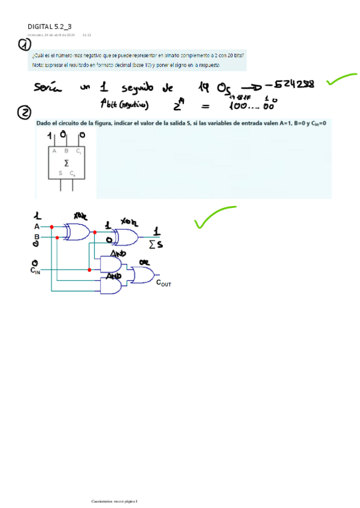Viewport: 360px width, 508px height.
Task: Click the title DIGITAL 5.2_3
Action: [50, 26]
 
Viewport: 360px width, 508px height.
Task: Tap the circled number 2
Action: [25, 113]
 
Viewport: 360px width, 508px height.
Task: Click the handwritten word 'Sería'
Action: [48, 88]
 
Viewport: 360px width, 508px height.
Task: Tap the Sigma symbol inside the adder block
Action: [66, 162]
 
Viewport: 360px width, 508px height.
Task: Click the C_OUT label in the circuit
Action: [163, 284]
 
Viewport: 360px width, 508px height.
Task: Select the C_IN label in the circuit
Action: [35, 271]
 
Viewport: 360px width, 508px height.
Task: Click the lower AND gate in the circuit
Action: [111, 287]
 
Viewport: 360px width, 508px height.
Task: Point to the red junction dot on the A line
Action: [52, 227]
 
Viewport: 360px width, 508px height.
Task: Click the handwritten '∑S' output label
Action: [156, 244]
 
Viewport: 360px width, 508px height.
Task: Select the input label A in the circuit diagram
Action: [37, 227]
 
